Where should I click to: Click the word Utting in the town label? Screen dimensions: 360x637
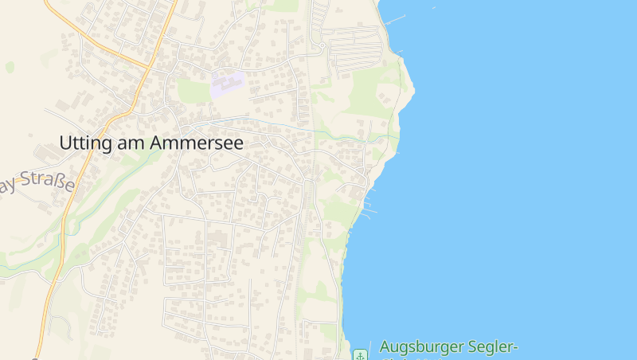coord(84,143)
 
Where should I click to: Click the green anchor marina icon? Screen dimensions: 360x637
coord(361,354)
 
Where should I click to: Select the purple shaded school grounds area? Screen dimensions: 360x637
coord(227,84)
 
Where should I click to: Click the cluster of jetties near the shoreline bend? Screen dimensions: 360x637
coord(369,209)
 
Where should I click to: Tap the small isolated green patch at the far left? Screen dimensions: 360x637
coord(10,67)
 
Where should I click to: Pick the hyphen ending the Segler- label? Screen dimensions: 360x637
coord(515,348)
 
